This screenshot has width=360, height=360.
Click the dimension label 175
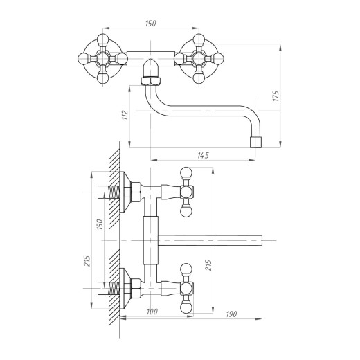[x=276, y=96]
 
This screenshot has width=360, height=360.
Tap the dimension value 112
[x=125, y=115]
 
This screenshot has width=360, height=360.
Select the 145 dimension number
[x=203, y=155]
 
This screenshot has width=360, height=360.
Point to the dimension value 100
[x=152, y=312]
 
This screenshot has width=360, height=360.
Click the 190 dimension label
[x=231, y=314]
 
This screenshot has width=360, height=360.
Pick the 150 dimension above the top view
[x=151, y=24]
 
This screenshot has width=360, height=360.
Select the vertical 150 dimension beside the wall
[x=100, y=224]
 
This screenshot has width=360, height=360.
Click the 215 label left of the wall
[x=87, y=261]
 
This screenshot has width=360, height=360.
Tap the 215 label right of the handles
[x=208, y=266]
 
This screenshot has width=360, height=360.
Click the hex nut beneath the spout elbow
[x=151, y=81]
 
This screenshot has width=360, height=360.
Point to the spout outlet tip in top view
[x=257, y=142]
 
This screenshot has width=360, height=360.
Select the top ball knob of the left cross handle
[x=102, y=39]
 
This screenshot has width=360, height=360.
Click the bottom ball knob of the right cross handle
[x=199, y=78]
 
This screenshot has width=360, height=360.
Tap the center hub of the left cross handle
[x=102, y=59]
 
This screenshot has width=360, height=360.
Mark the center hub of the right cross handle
[x=199, y=59]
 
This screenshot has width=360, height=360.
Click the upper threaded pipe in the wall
[x=114, y=192]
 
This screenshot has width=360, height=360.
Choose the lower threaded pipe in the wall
[x=114, y=288]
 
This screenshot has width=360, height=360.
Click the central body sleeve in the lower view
[x=151, y=240]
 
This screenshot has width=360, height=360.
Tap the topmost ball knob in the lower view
[x=186, y=173]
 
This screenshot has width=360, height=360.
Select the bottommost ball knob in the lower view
[x=186, y=307]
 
